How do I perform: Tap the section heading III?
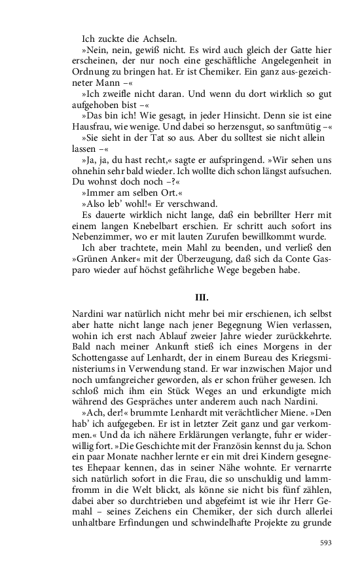(x=202, y=297)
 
